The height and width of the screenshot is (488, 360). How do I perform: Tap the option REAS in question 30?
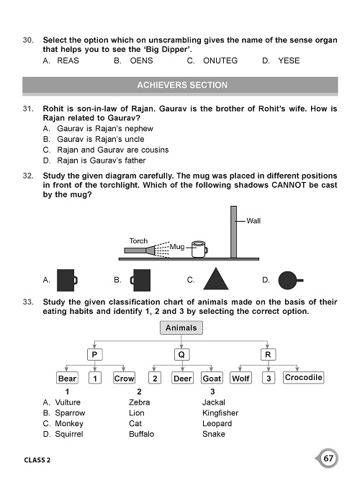(67, 61)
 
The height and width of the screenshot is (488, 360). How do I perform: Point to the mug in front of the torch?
(197, 248)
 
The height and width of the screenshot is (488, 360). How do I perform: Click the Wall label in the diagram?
(253, 221)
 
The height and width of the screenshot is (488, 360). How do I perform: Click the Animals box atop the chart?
(181, 328)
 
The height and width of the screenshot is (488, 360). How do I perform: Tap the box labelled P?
(93, 354)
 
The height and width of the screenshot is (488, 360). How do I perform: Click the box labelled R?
(268, 354)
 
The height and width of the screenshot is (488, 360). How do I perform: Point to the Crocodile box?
(303, 378)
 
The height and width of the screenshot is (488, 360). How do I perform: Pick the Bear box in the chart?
(67, 379)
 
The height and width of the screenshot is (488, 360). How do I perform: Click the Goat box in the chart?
(212, 379)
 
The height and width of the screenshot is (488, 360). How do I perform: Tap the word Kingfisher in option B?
(220, 413)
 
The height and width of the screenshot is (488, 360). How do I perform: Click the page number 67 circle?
(328, 458)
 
